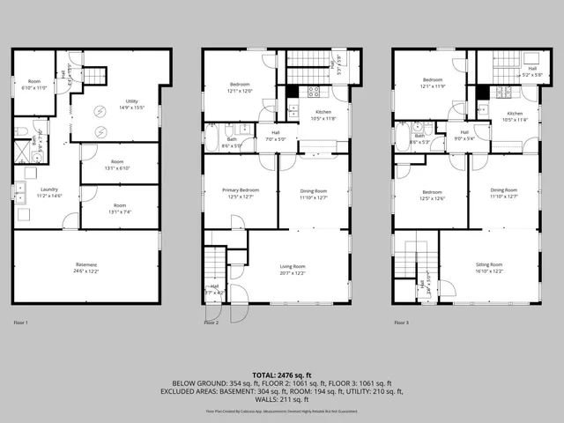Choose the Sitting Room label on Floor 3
489,264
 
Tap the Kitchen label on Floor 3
514,113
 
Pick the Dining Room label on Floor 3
504,190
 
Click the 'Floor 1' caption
20,323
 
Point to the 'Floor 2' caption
211,323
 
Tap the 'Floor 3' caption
402,323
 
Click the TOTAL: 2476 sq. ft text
282,376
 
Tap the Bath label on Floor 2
232,139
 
